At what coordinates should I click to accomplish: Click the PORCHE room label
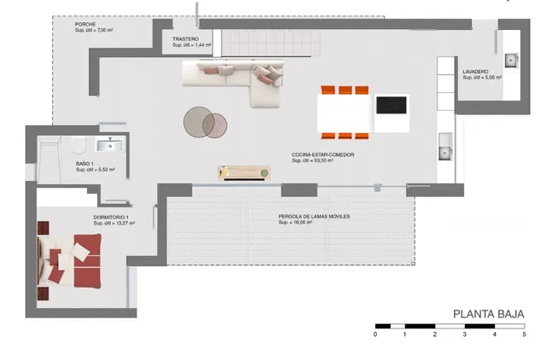[x=86, y=23]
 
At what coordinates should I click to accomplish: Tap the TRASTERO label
[x=185, y=39]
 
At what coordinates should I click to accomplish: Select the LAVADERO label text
[x=475, y=71]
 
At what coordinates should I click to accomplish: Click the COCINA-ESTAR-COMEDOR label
[x=322, y=154]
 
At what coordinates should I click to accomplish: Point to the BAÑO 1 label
[x=84, y=163]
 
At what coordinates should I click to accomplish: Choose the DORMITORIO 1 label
[x=113, y=218]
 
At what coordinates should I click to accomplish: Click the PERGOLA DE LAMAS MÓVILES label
[x=314, y=217]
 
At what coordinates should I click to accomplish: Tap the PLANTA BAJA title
[x=487, y=313]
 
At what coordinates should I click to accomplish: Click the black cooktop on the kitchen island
[x=392, y=106]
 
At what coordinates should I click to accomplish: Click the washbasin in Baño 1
[x=109, y=144]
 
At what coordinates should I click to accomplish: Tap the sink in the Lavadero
[x=510, y=60]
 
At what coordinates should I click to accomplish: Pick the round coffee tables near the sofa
[x=206, y=122]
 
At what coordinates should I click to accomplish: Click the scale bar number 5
[x=524, y=334]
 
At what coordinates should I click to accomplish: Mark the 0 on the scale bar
[x=375, y=334]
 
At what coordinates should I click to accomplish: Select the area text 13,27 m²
[x=113, y=224]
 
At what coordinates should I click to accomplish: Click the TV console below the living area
[x=243, y=173]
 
